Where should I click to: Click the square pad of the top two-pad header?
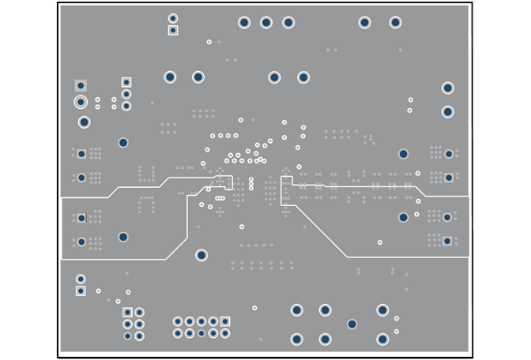pos(173,31)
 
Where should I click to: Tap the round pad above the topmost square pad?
pos(173,18)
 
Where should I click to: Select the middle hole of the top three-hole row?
pos(266,22)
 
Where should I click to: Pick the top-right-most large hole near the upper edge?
pos(395,22)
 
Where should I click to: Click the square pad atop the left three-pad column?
pos(126,82)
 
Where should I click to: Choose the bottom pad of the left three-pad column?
pos(126,106)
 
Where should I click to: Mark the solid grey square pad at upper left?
pos(81,85)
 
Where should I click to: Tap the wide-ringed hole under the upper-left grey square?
pos(81,102)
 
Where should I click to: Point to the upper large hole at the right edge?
pos(447,88)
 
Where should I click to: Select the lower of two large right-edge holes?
pos(447,112)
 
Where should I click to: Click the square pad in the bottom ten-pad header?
pos(225,321)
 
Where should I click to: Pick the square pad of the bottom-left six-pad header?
pos(128,313)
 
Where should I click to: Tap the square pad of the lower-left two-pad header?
pos(81,291)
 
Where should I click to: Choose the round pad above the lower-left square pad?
pos(81,279)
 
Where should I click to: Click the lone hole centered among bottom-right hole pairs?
pos(352,324)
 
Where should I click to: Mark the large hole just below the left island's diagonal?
pos(201,255)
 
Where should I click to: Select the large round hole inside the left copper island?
pos(123,237)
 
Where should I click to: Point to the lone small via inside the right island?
pos(380,242)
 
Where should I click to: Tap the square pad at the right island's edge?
pos(447,241)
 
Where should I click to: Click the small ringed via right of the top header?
pos(209,42)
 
